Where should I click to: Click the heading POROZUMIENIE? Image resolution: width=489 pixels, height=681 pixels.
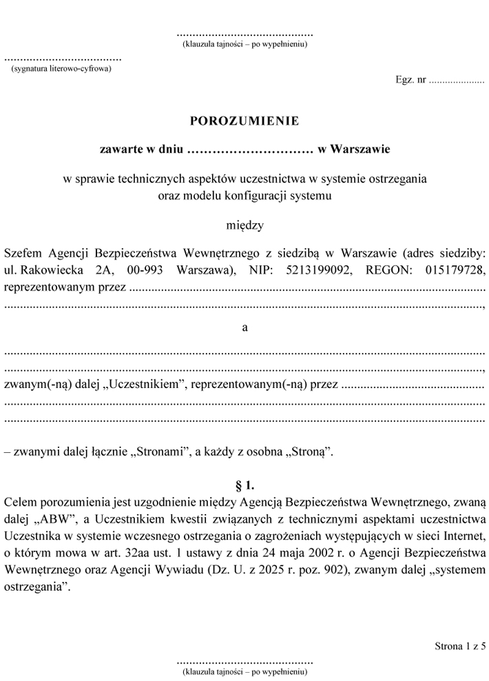[x=244, y=121]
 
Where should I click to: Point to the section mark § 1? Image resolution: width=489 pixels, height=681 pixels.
[x=244, y=485]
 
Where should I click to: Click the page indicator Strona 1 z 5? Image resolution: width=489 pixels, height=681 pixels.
[x=460, y=646]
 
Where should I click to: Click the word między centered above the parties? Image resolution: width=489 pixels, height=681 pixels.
[x=244, y=225]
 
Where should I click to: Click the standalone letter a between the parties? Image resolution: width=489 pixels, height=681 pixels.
[x=244, y=327]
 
